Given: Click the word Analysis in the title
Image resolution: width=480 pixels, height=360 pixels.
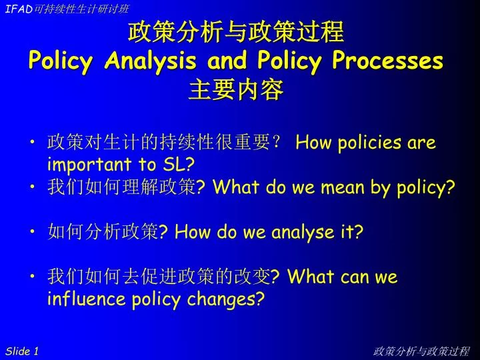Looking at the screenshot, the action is [x=150, y=61].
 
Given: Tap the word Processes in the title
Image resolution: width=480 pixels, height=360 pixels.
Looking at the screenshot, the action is [x=387, y=59].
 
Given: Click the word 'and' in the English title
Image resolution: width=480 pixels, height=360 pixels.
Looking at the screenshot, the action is [x=227, y=59].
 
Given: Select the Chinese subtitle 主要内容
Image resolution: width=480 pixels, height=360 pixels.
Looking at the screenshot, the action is [x=235, y=89].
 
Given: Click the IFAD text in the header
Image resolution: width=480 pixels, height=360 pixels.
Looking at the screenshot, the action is [x=19, y=9].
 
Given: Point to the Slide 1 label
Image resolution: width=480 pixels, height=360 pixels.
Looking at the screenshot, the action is [x=22, y=351].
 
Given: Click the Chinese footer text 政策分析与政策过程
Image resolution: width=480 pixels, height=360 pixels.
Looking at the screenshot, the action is [x=421, y=351].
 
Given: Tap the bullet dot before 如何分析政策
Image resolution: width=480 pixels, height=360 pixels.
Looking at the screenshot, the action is [x=33, y=231].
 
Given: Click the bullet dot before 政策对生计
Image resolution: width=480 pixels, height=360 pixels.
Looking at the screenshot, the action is [x=33, y=142].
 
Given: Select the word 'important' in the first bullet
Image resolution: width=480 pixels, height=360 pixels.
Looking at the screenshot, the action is [x=89, y=165].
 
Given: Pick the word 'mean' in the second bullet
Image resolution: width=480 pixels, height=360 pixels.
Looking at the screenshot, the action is [x=343, y=187].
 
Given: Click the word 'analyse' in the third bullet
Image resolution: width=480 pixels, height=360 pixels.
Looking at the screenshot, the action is [x=303, y=232].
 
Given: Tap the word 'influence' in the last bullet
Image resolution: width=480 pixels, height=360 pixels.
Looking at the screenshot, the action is [x=86, y=298].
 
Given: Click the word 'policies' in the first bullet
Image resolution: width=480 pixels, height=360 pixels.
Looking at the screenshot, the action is [x=369, y=143].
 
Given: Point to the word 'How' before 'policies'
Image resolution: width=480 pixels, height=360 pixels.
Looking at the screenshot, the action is [x=313, y=143].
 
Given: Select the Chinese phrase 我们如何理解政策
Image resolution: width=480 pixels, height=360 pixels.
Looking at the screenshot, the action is [x=121, y=186].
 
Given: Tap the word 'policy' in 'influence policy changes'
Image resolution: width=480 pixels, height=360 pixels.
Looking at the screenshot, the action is [x=156, y=299].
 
